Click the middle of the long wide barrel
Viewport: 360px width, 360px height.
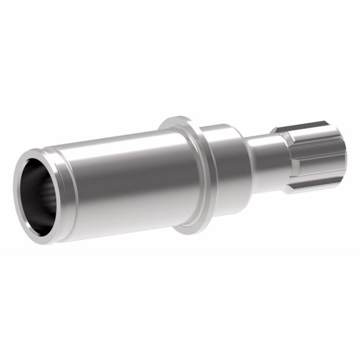click(x=123, y=180)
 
